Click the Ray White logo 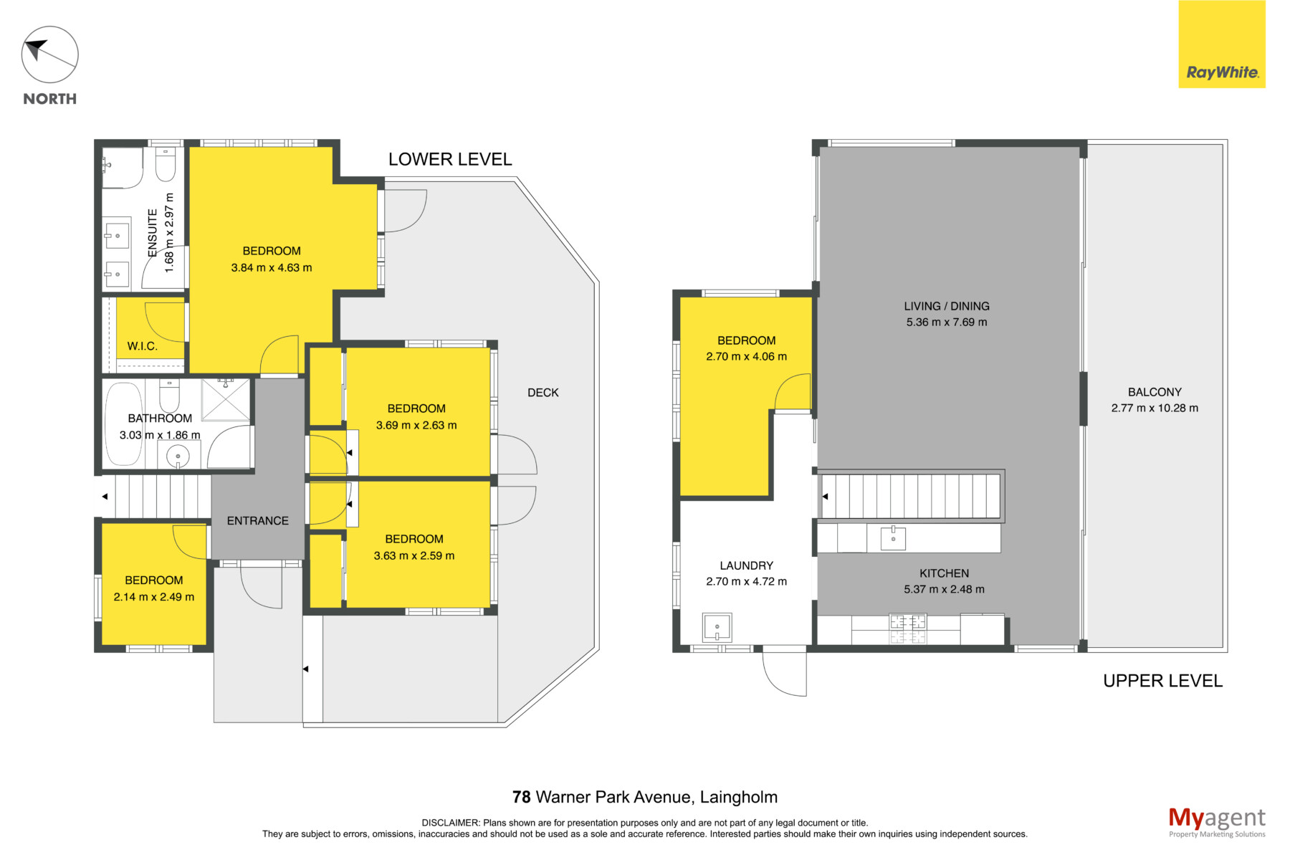pyautogui.click(x=1222, y=44)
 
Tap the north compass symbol pyautogui.click(x=49, y=55)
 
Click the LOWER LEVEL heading pyautogui.click(x=450, y=159)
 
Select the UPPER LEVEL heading pyautogui.click(x=1162, y=681)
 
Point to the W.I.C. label pyautogui.click(x=143, y=346)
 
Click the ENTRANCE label pyautogui.click(x=258, y=521)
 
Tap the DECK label pyautogui.click(x=543, y=393)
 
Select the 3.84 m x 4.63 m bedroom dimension pyautogui.click(x=272, y=268)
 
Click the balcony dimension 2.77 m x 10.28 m pyautogui.click(x=1155, y=408)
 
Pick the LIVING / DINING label pyautogui.click(x=947, y=306)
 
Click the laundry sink pyautogui.click(x=717, y=628)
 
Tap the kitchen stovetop pyautogui.click(x=908, y=629)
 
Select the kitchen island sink pyautogui.click(x=893, y=537)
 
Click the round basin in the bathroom pyautogui.click(x=178, y=456)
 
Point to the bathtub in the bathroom pyautogui.click(x=125, y=425)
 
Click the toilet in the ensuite pyautogui.click(x=166, y=164)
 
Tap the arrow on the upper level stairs pyautogui.click(x=825, y=496)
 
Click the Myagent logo pyautogui.click(x=1217, y=822)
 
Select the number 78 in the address pyautogui.click(x=522, y=797)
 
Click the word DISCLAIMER pyautogui.click(x=450, y=823)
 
